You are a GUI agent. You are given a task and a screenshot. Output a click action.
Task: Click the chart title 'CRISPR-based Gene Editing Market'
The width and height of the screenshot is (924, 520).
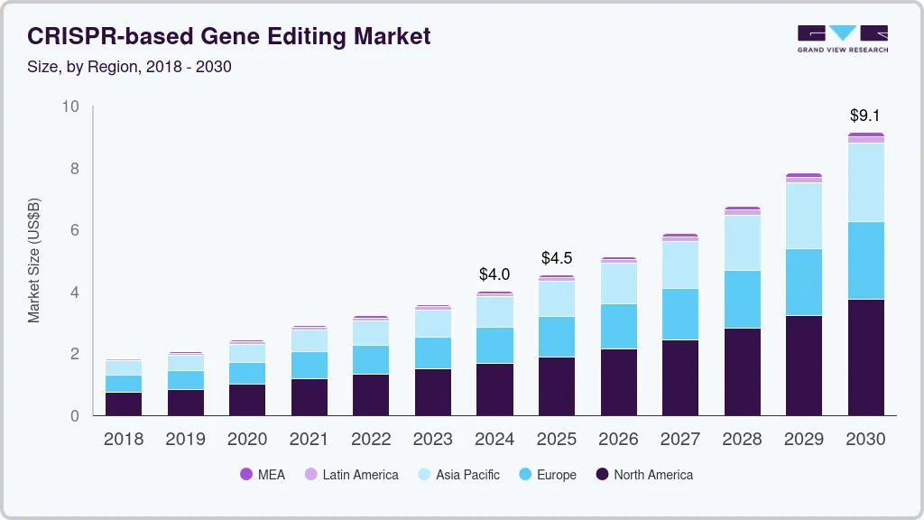(229, 36)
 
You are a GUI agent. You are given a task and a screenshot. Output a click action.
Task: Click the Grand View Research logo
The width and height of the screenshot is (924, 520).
(842, 38)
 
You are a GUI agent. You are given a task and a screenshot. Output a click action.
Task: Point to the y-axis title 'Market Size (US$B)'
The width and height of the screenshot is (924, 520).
(34, 261)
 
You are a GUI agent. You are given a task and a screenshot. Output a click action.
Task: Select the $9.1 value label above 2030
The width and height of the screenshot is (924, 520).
(865, 116)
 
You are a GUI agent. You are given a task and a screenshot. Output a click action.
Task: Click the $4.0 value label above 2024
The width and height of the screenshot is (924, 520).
(494, 274)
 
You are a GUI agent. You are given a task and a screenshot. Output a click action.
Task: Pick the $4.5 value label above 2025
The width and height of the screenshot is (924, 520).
(557, 258)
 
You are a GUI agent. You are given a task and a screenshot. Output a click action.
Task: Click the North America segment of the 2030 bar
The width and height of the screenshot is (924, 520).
(865, 357)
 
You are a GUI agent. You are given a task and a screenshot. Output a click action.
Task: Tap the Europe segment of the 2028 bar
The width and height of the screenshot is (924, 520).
(742, 299)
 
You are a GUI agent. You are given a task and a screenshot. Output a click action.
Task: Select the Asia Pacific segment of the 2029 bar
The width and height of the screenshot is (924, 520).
(804, 216)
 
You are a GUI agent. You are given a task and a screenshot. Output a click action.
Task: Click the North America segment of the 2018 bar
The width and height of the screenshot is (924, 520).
(123, 404)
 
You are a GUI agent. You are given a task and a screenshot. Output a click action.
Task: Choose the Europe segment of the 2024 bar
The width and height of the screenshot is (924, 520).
(494, 345)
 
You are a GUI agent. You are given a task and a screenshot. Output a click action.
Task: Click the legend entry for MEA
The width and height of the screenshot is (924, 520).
(263, 475)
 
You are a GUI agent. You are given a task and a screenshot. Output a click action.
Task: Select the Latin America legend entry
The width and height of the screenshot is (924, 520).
(351, 475)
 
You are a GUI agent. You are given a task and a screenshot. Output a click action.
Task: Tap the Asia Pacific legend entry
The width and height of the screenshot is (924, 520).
(457, 475)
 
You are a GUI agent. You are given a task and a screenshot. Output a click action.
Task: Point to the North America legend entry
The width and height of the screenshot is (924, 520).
(643, 475)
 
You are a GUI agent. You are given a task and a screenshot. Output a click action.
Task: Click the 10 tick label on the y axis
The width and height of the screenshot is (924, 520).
(70, 107)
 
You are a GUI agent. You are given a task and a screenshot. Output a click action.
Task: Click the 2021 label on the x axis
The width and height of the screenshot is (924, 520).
(309, 440)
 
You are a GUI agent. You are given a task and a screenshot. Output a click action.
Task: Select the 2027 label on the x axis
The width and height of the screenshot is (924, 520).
(680, 440)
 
